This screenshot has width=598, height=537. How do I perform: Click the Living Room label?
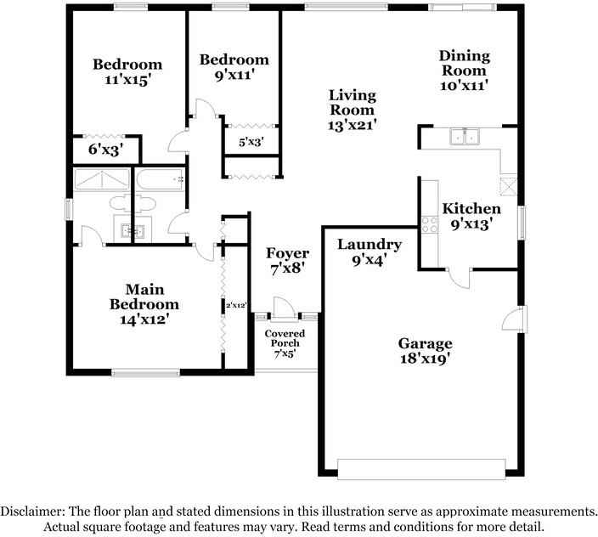click(353, 110)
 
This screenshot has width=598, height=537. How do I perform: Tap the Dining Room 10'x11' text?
click(464, 71)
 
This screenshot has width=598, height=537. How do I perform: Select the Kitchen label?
click(471, 217)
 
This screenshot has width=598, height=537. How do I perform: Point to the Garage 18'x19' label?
click(425, 351)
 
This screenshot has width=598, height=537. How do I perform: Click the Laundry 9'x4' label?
click(369, 253)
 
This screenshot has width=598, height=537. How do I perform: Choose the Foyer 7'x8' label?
click(286, 260)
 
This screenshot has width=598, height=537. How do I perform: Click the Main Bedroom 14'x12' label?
click(144, 304)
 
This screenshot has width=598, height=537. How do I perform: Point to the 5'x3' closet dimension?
click(250, 143)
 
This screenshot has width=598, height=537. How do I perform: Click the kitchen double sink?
click(465, 137)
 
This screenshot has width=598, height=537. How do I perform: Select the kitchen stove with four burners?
click(429, 224)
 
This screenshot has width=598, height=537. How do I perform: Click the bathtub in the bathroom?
click(161, 179)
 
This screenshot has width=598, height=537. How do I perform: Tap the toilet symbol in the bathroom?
click(136, 203)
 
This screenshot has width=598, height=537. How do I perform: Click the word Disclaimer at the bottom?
click(33, 512)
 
